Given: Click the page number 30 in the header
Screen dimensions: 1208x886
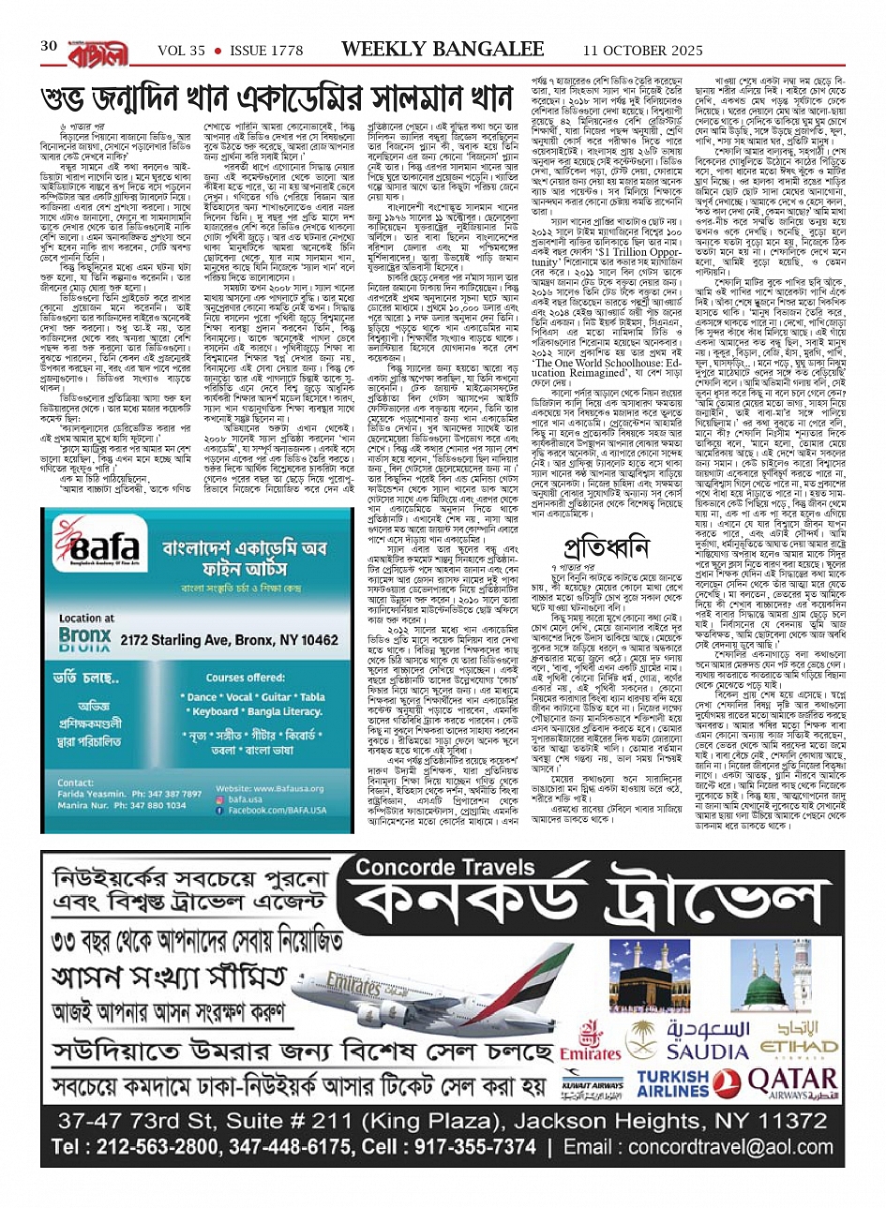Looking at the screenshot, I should click(49, 46).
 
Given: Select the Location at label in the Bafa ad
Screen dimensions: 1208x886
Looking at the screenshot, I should click(86, 619).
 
